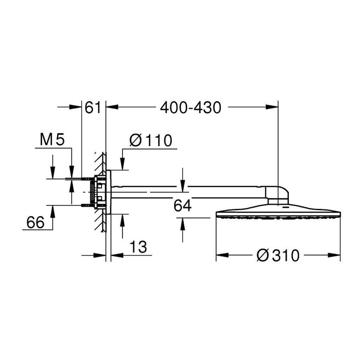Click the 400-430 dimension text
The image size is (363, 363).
pos(191,108)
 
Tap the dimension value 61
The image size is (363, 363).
pos(93,108)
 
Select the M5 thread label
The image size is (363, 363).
pos(52,140)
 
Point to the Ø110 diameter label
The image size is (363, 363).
pos(151,140)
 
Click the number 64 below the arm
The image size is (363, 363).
pos(183,206)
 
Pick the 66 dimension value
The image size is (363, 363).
pos(35,222)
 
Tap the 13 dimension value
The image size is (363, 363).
pos(138,247)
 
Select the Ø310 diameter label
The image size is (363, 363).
pos(278,256)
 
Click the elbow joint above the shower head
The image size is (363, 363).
pos(277,195)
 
